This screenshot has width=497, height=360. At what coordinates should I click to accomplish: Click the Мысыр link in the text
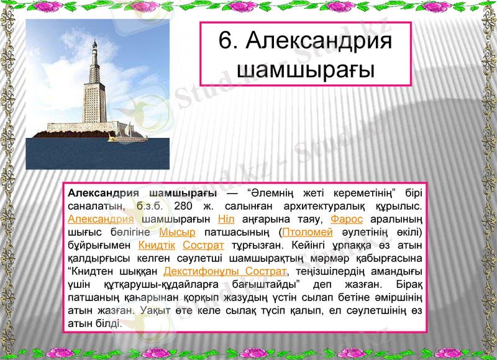pyautogui.click(x=177, y=232)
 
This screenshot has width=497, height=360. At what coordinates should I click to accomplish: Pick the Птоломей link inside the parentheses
pyautogui.click(x=308, y=232)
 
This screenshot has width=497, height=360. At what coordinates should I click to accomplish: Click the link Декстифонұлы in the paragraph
pyautogui.click(x=201, y=271)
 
